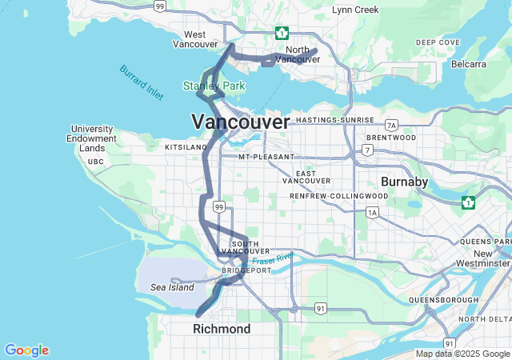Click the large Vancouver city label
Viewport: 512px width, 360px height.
(240, 122)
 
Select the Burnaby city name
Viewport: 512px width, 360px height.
(404, 182)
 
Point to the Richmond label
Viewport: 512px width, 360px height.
(222, 329)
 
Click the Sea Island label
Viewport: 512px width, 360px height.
(172, 286)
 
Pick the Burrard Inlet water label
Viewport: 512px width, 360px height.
(142, 82)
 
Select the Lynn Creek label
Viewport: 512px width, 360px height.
(355, 10)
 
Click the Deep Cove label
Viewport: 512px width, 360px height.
(438, 42)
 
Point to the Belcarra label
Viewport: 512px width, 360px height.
(468, 63)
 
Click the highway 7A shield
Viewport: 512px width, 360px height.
(390, 126)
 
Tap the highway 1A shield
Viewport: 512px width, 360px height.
(372, 212)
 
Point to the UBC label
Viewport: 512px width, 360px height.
(96, 162)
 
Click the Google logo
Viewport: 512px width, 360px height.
(26, 350)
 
